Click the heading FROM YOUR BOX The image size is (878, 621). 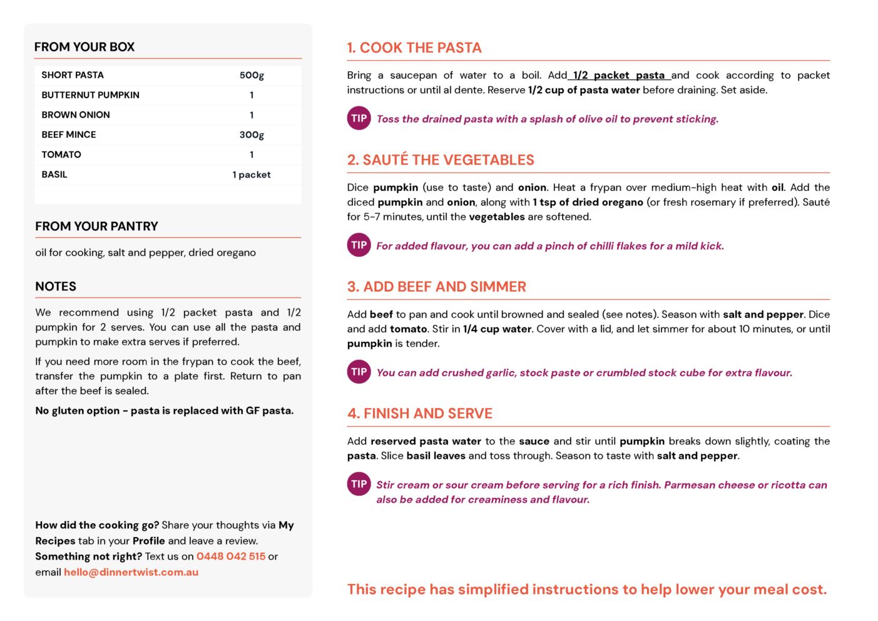coord(84,47)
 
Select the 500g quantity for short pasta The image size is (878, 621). coord(252,75)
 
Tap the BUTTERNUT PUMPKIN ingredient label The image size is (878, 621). coord(90,95)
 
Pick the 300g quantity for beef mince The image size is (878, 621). coord(252,135)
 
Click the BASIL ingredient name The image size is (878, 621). coord(54,175)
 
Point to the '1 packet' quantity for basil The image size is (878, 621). coord(252,175)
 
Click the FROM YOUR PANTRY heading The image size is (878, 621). coord(96,227)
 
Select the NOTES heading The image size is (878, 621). coord(56,287)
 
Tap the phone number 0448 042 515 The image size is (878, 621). coord(231,557)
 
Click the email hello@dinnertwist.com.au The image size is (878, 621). coord(131,572)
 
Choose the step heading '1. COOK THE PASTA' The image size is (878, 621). coord(414,48)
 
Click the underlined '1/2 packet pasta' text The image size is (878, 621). coord(619,76)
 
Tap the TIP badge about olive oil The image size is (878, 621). coord(359,118)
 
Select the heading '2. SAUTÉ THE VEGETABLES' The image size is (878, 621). coord(441,160)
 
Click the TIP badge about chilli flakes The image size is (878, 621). coord(359,245)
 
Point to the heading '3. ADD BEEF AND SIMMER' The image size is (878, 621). coord(437,287)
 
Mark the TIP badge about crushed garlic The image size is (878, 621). coord(359,372)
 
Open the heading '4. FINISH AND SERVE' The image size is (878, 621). coord(420,414)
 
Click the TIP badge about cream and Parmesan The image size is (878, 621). coord(359,484)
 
